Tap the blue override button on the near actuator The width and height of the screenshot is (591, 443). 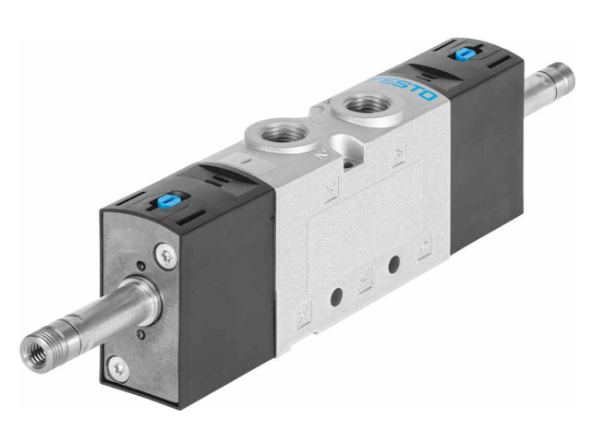click(169, 198)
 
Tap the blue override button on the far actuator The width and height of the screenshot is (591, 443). click(460, 54)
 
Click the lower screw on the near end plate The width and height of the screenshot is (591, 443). click(118, 369)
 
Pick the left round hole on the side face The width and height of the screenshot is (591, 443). click(336, 296)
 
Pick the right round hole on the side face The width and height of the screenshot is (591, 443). click(393, 265)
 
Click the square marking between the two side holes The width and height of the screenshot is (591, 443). click(366, 278)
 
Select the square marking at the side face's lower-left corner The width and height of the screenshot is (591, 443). click(302, 318)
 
